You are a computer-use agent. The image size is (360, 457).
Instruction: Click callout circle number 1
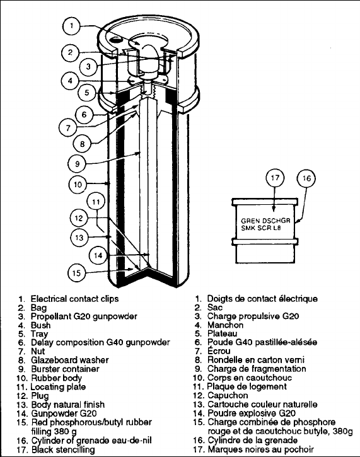tap(72, 26)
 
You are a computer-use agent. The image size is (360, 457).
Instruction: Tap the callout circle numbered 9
tap(78, 163)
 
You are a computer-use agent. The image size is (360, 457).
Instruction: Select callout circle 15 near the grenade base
tap(77, 273)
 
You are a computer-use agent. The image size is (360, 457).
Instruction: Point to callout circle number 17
tap(276, 178)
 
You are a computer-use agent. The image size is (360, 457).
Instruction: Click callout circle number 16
tap(306, 178)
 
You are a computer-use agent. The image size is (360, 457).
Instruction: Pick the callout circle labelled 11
tap(96, 201)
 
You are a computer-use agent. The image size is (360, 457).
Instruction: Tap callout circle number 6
tap(84, 114)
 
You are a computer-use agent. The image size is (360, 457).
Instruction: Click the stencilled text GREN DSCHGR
tap(265, 221)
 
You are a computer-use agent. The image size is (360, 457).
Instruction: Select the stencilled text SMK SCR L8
tap(261, 228)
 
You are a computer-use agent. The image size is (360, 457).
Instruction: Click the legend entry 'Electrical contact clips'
tap(74, 299)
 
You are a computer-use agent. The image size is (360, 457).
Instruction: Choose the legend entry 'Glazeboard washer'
tap(70, 360)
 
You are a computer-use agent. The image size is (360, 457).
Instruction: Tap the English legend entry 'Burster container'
tap(65, 369)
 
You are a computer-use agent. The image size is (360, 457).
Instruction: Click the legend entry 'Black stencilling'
tap(63, 449)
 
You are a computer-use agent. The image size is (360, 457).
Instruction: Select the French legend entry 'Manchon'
tap(225, 325)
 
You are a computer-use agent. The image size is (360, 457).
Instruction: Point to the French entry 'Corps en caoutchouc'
tap(250, 378)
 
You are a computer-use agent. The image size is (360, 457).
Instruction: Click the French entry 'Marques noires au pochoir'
tap(261, 449)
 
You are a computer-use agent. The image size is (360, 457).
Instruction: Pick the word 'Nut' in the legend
tap(38, 351)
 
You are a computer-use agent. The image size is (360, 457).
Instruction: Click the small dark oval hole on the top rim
tap(117, 40)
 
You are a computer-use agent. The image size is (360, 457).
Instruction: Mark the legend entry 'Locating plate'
tap(58, 387)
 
